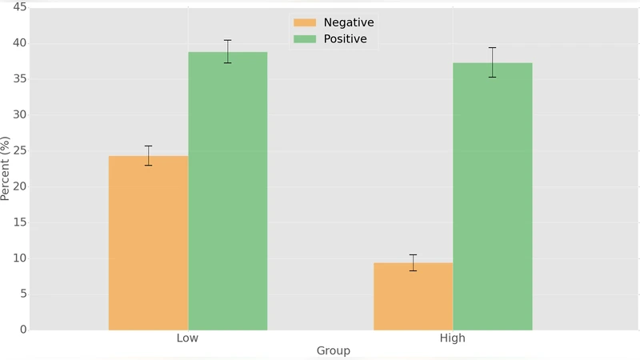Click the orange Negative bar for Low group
tap(148, 243)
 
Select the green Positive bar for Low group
tap(228, 191)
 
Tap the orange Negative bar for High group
tap(413, 297)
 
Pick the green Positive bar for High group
tap(493, 197)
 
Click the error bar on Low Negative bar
tap(148, 155)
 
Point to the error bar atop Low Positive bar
tap(228, 51)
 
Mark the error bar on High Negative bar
tap(413, 262)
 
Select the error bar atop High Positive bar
tap(493, 62)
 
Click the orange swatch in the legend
tap(305, 22)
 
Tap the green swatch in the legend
tap(305, 38)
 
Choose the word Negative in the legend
tap(348, 22)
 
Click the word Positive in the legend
tap(345, 38)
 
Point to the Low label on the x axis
tap(187, 338)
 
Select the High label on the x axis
tap(453, 338)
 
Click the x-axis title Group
tap(333, 350)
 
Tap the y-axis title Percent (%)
tap(6, 168)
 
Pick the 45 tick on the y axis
tap(18, 7)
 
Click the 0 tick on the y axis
tap(22, 330)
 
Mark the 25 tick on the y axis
tap(18, 150)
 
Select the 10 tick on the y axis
tap(18, 258)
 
